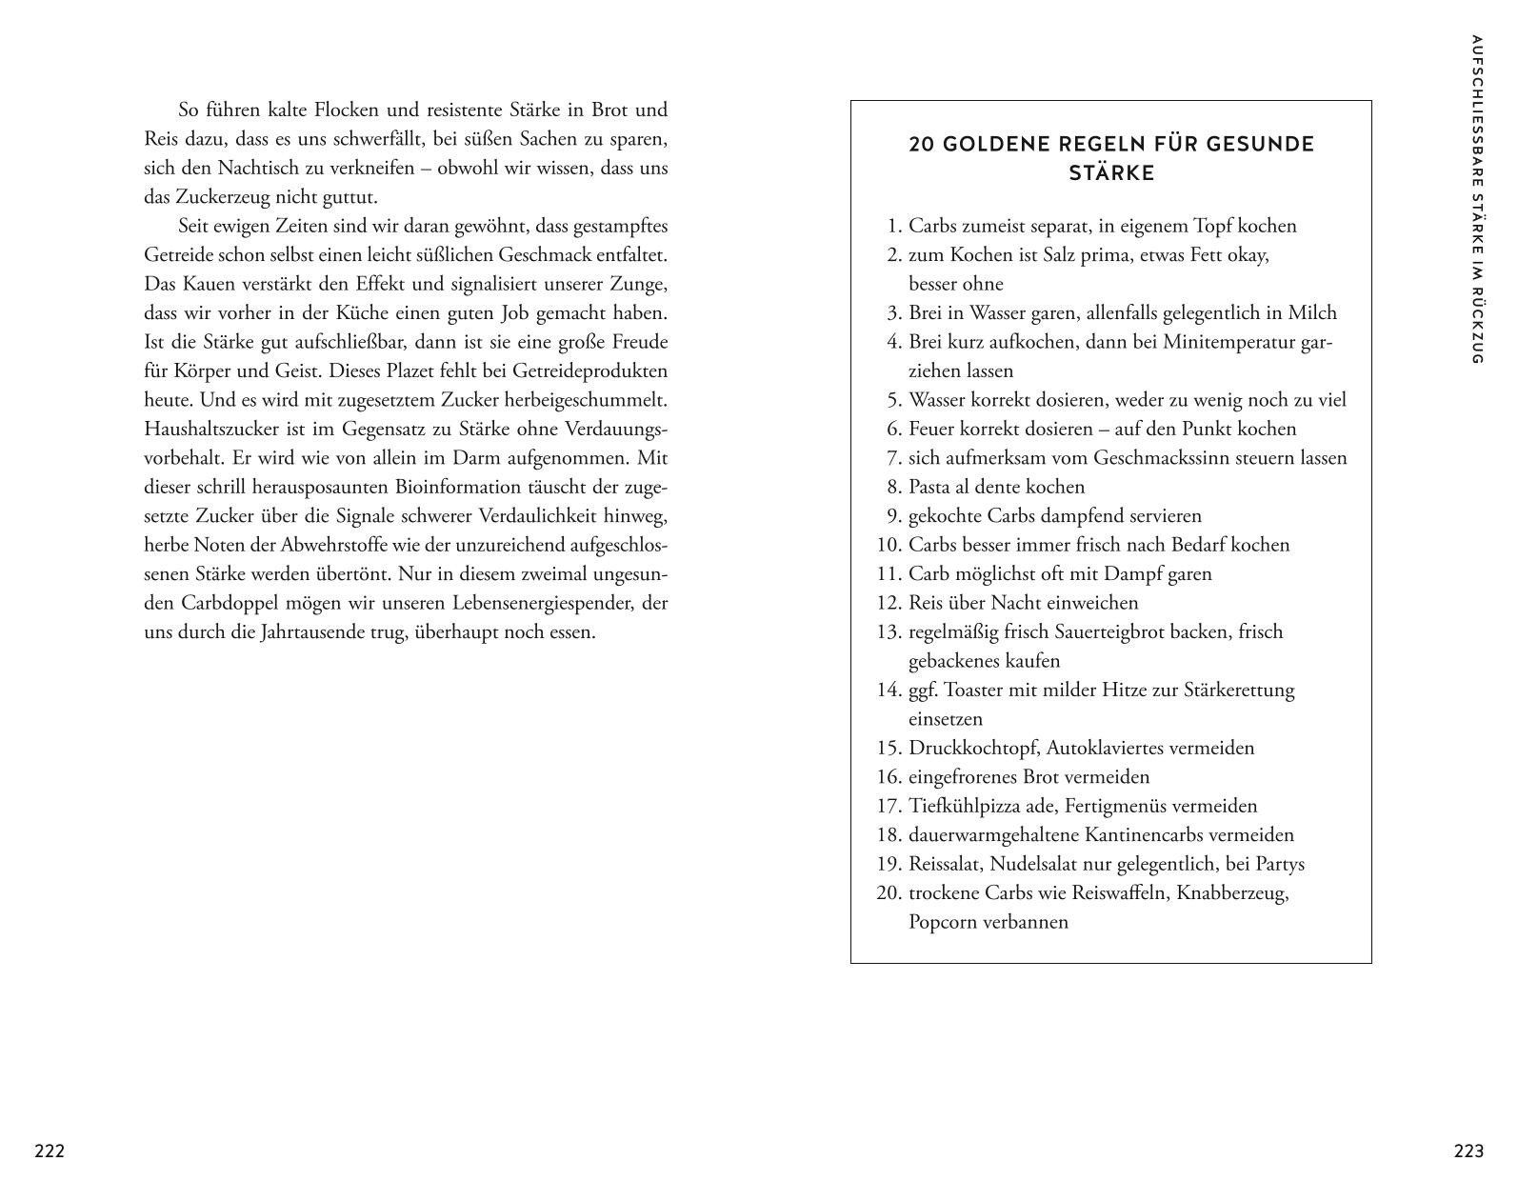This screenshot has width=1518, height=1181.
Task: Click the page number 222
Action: tap(50, 1151)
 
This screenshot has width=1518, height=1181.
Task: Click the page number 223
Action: tap(1468, 1151)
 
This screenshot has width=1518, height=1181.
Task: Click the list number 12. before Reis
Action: tap(889, 603)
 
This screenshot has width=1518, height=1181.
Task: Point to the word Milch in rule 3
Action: tap(1312, 312)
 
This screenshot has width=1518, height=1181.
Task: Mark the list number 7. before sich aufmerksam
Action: tap(893, 458)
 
